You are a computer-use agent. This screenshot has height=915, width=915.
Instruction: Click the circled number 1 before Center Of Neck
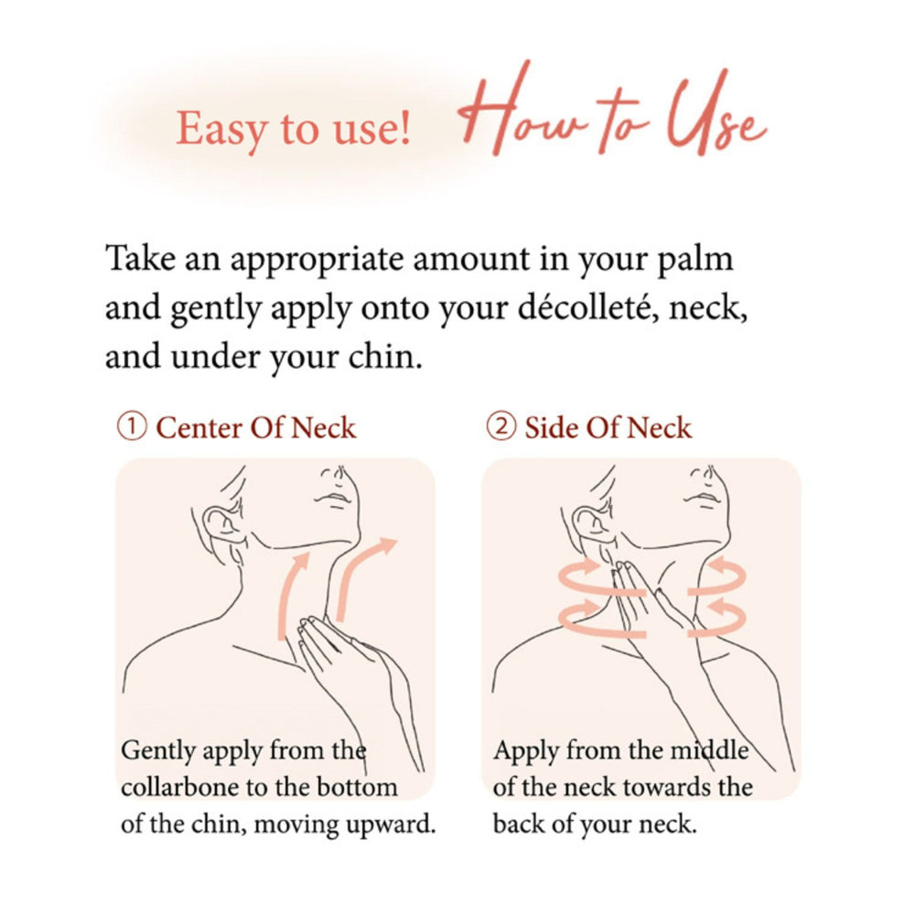(133, 427)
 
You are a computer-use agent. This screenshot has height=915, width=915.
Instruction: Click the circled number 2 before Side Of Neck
(501, 427)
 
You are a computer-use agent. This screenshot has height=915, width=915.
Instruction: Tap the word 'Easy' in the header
(213, 128)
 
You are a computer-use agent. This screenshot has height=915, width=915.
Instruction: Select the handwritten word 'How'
(517, 114)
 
